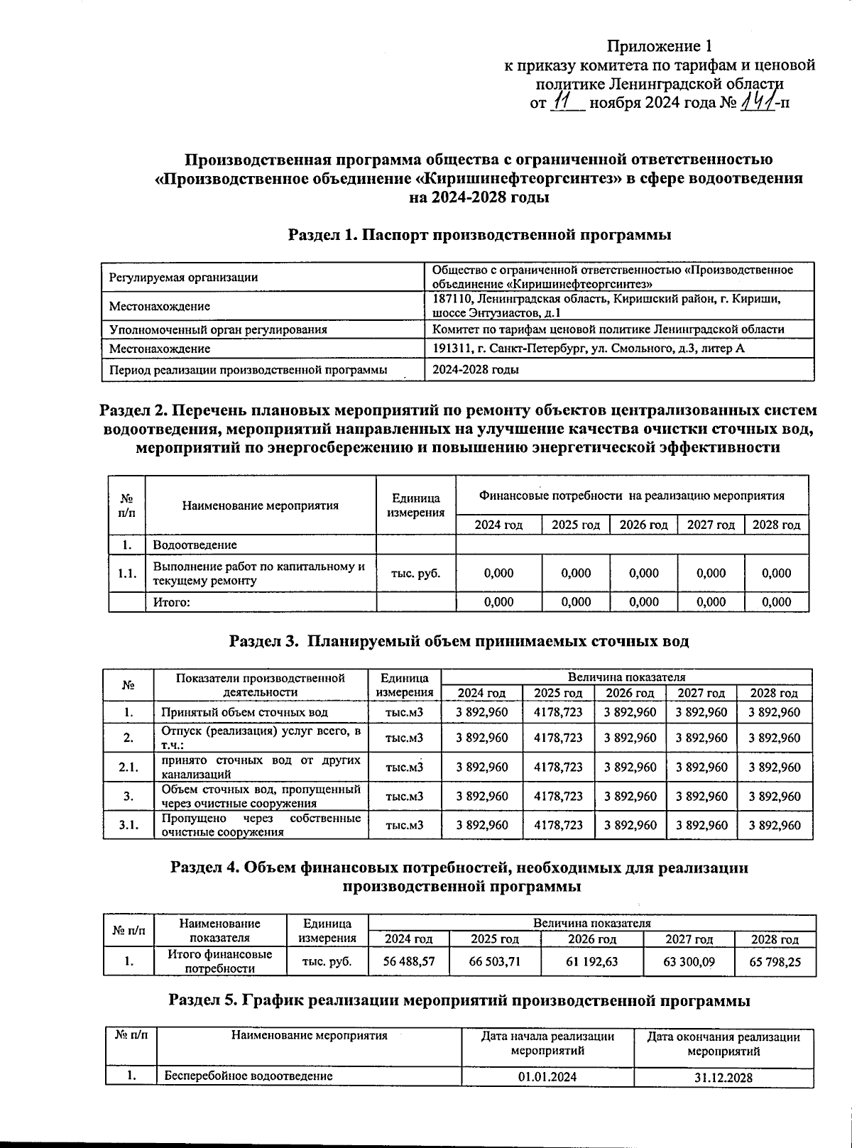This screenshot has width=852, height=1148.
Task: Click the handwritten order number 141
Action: pyautogui.click(x=758, y=104)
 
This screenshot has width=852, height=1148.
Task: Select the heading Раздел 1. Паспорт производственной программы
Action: pyautogui.click(x=479, y=234)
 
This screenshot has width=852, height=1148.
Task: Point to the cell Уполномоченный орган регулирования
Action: pyautogui.click(x=218, y=329)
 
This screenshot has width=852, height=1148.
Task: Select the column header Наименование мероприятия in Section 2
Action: pyautogui.click(x=260, y=505)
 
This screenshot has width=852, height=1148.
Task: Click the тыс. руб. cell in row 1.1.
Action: pyautogui.click(x=416, y=573)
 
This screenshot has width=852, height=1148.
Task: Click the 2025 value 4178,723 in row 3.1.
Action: pyautogui.click(x=558, y=825)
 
